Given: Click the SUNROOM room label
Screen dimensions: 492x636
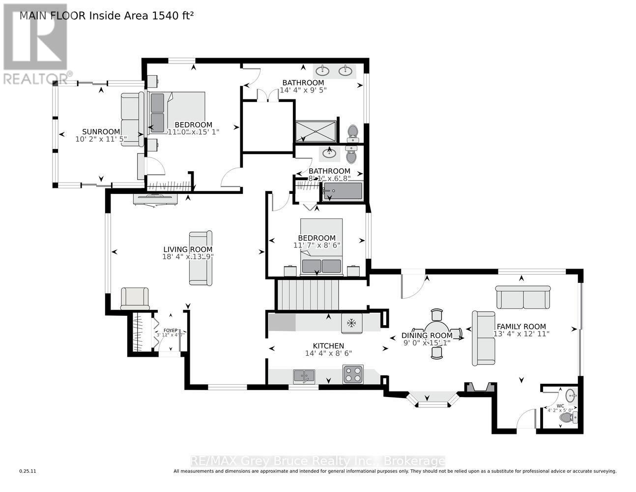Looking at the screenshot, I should (101, 131).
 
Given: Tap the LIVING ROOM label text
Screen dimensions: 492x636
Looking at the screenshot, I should (188, 249).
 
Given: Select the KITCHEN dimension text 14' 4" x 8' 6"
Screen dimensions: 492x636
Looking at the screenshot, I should (328, 353).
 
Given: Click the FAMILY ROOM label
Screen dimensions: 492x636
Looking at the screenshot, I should (521, 326).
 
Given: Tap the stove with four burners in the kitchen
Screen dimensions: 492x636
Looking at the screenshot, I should (353, 374).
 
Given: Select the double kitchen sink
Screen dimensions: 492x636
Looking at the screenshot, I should (304, 376).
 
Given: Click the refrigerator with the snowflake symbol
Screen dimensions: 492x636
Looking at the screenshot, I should (351, 323).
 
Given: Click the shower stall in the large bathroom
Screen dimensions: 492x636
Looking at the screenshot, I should (316, 131).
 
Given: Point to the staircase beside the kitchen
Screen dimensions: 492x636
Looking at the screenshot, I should (307, 295).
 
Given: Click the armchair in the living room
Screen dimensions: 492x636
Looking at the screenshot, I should (135, 298).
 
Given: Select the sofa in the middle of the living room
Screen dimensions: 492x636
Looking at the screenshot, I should (201, 258).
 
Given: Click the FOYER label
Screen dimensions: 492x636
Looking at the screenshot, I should (170, 331).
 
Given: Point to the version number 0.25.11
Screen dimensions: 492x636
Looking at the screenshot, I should (28, 471).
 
